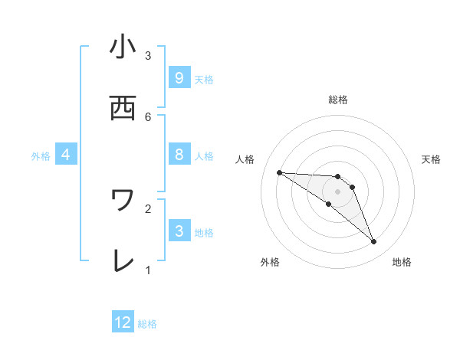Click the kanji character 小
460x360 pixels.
(x=123, y=47)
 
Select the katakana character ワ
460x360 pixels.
(x=123, y=201)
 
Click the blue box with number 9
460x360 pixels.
(x=179, y=78)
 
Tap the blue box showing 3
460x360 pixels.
(x=179, y=231)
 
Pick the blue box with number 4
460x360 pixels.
(x=66, y=155)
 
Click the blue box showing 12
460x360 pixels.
(x=123, y=322)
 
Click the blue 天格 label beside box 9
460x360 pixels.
(x=203, y=79)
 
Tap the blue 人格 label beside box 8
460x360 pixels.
(x=203, y=156)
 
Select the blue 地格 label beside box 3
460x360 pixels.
(x=203, y=232)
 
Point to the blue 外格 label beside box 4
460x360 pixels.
(x=41, y=156)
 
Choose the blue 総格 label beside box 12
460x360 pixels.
(x=147, y=323)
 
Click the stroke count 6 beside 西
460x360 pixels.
(x=148, y=116)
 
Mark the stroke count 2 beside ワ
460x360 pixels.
(x=148, y=208)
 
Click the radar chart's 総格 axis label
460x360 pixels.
(x=337, y=100)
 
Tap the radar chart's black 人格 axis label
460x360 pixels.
(x=245, y=159)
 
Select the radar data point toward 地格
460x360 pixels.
(x=373, y=242)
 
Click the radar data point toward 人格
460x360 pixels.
(x=279, y=172)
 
